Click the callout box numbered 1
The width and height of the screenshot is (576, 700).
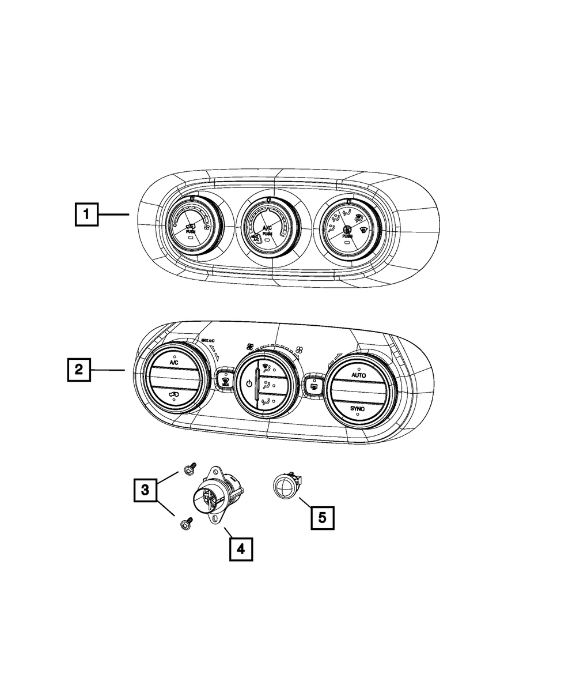86,215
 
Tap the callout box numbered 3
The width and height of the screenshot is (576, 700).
146,491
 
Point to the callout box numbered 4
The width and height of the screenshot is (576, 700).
241,550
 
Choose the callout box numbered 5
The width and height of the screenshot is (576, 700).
323,517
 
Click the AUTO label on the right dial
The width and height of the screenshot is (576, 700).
358,375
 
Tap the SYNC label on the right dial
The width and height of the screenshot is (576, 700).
358,408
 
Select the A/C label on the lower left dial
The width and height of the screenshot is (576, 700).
174,364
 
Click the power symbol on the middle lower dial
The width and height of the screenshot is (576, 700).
249,384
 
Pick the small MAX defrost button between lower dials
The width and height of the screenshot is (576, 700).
224,381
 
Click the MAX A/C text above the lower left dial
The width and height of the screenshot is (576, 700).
210,341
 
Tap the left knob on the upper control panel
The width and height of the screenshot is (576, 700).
191,230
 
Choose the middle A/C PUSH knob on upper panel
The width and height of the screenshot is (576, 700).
268,232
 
